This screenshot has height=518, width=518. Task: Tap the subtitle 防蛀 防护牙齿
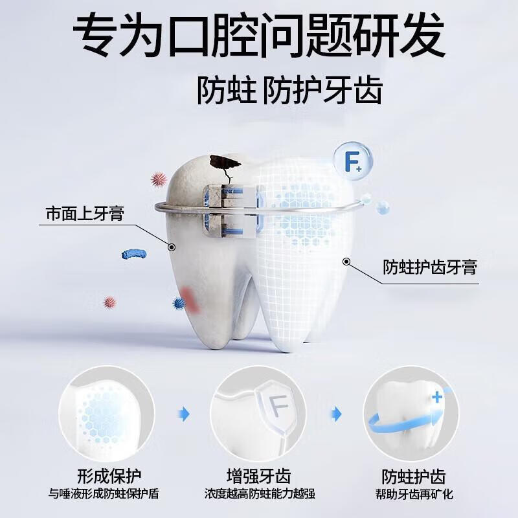point(289,91)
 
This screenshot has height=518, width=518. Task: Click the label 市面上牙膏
point(85,213)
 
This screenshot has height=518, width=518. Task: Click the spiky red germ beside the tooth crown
point(158,179)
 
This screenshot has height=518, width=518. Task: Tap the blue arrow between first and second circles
point(184,413)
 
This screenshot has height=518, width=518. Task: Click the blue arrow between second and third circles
point(335,413)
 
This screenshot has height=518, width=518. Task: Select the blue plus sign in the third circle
point(439,396)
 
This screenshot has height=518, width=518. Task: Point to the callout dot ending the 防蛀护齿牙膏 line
point(346,262)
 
